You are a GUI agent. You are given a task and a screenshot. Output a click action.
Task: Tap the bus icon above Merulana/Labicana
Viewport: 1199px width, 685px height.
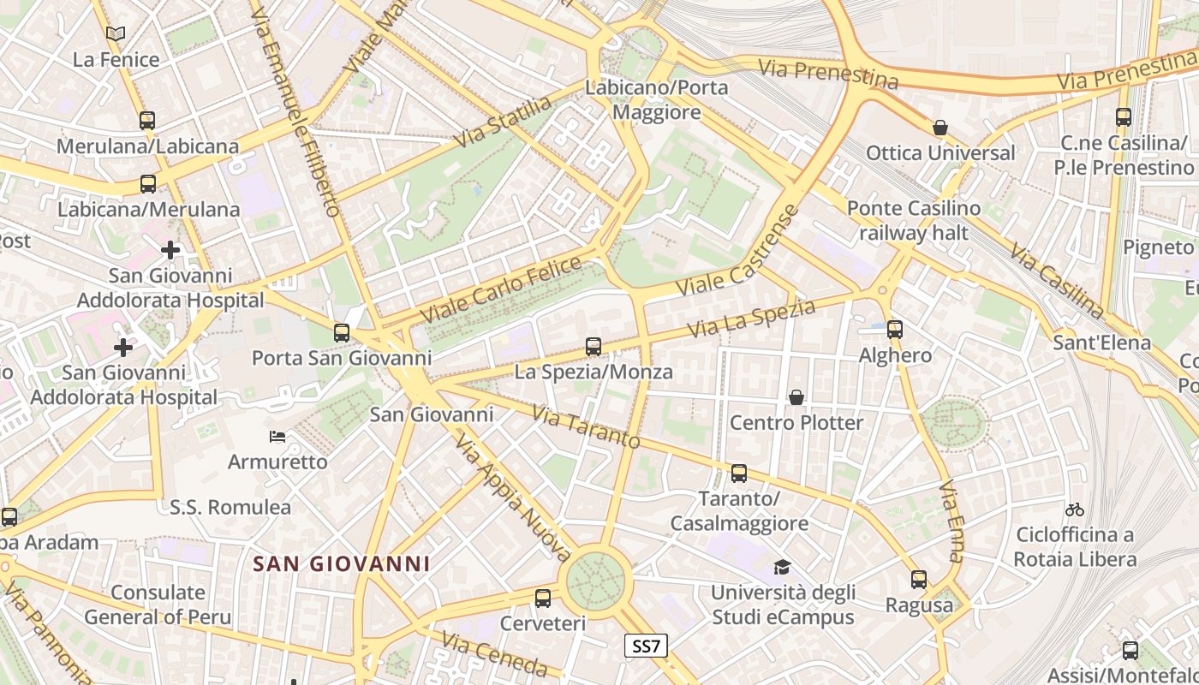[147, 120]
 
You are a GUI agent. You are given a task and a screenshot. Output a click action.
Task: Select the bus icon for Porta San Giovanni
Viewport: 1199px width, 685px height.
[342, 332]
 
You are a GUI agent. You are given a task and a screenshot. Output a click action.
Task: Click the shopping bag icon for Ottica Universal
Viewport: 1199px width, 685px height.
[940, 128]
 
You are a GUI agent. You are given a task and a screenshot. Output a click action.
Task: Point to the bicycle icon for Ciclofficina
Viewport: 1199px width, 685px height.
[1075, 509]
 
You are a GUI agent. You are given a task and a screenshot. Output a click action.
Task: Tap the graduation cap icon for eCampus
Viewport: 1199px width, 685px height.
[782, 567]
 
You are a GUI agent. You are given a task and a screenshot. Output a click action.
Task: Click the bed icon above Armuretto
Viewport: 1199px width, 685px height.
[277, 437]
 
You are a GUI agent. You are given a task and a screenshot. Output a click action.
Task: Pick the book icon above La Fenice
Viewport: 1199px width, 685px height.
[116, 34]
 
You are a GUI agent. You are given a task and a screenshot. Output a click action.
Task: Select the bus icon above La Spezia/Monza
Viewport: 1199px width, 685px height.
[594, 346]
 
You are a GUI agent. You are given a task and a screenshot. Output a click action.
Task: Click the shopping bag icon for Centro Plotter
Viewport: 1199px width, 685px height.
[796, 397]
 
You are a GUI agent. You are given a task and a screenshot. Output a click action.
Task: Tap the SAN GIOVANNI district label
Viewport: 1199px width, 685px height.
[342, 563]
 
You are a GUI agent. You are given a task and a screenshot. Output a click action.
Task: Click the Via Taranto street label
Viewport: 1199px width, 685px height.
[586, 426]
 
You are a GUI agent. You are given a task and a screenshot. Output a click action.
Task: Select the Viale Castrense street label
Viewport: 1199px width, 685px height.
[737, 250]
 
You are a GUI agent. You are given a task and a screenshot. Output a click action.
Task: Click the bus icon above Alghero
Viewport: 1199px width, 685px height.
[895, 329]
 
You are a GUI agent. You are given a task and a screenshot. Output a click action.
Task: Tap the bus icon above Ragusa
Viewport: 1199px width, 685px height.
[919, 580]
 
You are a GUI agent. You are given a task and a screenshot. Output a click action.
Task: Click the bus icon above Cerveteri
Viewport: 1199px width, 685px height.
[543, 598]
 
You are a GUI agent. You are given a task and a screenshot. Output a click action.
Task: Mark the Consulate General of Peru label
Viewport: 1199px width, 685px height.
[158, 604]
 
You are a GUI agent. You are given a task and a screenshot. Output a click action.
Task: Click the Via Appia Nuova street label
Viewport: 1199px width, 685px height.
[512, 494]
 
